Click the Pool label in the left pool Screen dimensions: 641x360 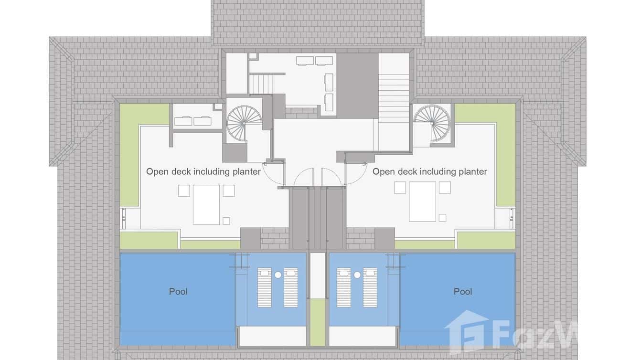point(178,292)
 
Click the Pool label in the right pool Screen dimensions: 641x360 point(463,292)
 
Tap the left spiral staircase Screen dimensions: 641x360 point(244,124)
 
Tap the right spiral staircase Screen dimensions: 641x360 point(432,124)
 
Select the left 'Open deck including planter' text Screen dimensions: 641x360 point(203,171)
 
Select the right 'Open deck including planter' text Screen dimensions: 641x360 point(429,171)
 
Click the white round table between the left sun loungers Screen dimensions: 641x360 point(278,275)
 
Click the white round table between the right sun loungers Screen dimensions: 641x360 point(357,275)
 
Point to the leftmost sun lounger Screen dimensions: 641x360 point(265,287)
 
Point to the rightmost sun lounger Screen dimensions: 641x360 point(370,287)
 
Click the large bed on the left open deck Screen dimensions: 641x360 point(206,205)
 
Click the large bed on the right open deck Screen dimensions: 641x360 point(422,201)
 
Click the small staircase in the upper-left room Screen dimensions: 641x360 point(261,85)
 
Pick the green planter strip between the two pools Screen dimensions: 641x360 point(318,322)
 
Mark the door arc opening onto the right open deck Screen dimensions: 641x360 point(356,174)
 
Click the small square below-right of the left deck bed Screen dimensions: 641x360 point(226,221)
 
